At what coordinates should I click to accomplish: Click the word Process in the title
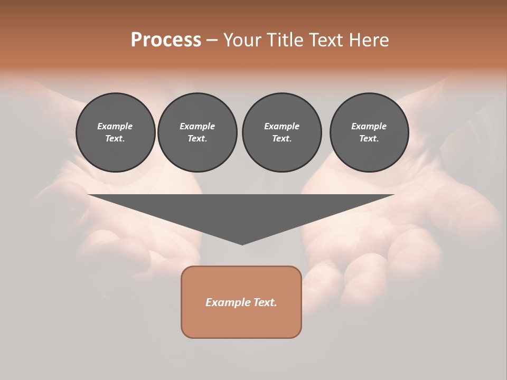pos(166,40)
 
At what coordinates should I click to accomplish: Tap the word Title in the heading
pos(284,40)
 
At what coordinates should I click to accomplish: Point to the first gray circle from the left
pos(116,132)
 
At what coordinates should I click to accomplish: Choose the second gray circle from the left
pos(198,132)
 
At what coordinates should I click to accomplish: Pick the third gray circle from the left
pos(282,132)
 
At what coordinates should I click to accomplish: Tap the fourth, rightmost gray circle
pos(369,132)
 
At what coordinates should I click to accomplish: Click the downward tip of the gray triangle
pos(242,243)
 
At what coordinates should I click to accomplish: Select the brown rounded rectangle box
pos(241,302)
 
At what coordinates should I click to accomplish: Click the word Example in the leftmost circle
pos(115,126)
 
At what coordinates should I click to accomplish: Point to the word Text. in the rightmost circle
pos(369,139)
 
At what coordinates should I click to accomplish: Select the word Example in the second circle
pos(198,126)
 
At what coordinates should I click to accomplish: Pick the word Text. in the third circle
pos(282,139)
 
